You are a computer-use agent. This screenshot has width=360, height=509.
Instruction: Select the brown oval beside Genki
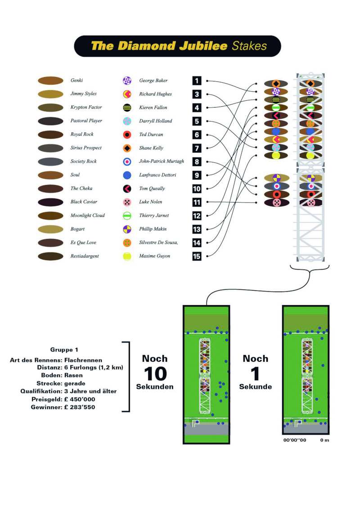pyautogui.click(x=51, y=81)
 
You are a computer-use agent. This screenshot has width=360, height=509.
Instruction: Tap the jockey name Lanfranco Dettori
pyautogui.click(x=157, y=175)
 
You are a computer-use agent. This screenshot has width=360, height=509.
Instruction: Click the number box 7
pyautogui.click(x=197, y=149)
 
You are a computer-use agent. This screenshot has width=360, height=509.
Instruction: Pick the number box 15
pyautogui.click(x=197, y=257)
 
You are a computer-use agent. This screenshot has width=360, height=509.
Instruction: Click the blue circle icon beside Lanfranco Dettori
pyautogui.click(x=127, y=176)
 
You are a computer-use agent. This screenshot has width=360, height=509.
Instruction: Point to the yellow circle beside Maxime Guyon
pyautogui.click(x=127, y=257)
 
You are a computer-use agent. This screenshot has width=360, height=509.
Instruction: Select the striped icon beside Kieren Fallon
pyautogui.click(x=127, y=108)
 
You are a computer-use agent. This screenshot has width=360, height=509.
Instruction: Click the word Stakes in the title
pyautogui.click(x=249, y=46)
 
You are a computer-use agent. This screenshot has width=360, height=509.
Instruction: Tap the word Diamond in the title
pyautogui.click(x=147, y=46)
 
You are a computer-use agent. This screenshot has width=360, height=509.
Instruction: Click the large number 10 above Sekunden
pyautogui.click(x=155, y=374)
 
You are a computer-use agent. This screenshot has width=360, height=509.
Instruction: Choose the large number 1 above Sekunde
pyautogui.click(x=255, y=374)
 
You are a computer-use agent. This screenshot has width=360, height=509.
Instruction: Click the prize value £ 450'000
pyautogui.click(x=80, y=399)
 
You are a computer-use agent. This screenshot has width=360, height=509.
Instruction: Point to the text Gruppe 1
pyautogui.click(x=64, y=350)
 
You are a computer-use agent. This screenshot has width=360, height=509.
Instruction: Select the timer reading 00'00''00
pyautogui.click(x=295, y=440)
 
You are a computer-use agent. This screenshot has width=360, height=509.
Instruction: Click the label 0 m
pyautogui.click(x=324, y=440)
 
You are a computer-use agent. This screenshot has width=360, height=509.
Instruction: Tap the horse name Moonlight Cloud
pyautogui.click(x=88, y=215)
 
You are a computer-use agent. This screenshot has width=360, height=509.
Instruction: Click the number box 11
pyautogui.click(x=197, y=203)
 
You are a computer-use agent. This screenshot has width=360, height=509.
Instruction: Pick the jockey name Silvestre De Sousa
pyautogui.click(x=158, y=243)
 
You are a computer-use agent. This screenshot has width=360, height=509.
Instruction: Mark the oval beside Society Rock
pyautogui.click(x=51, y=162)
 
